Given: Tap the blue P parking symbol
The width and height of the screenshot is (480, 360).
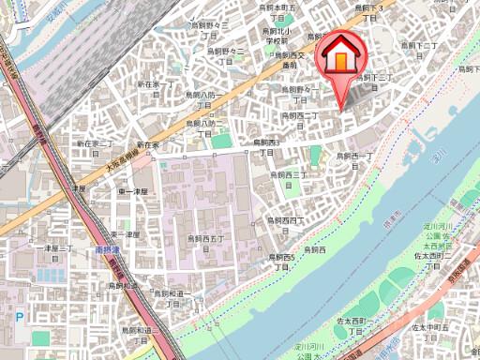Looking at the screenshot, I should tap(19, 318).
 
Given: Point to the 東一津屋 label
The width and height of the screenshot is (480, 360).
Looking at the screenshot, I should tap(132, 191).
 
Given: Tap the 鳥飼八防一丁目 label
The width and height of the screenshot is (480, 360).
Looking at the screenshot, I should tap(201, 100).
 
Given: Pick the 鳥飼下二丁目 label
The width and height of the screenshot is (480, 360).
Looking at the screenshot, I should tap(426, 51).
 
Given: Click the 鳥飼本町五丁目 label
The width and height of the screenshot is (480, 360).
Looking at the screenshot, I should tap(278, 12).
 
